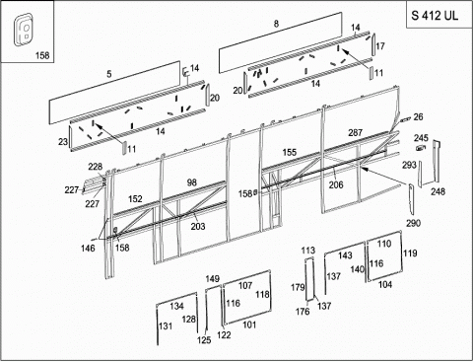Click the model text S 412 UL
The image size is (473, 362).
(x=435, y=16)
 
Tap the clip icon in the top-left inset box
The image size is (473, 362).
(x=23, y=29)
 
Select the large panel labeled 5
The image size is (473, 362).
(x=114, y=93)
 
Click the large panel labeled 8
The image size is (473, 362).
(x=281, y=42)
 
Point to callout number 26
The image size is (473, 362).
(x=418, y=117)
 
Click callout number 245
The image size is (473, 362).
(x=421, y=138)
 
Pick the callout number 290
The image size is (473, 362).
(x=413, y=223)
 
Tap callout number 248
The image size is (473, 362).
(x=438, y=191)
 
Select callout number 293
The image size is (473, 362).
(x=409, y=165)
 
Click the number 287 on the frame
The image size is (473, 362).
(x=355, y=132)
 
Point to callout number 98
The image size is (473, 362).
(x=191, y=182)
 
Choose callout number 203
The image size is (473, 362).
(x=198, y=226)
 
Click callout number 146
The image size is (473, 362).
(x=88, y=248)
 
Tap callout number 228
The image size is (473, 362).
(x=95, y=167)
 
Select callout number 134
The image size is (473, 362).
(x=176, y=306)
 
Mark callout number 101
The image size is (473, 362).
(x=249, y=325)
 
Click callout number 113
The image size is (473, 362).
(x=308, y=251)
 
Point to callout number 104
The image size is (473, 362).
(x=385, y=284)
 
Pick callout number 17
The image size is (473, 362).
(x=380, y=46)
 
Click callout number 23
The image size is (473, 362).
(x=63, y=142)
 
